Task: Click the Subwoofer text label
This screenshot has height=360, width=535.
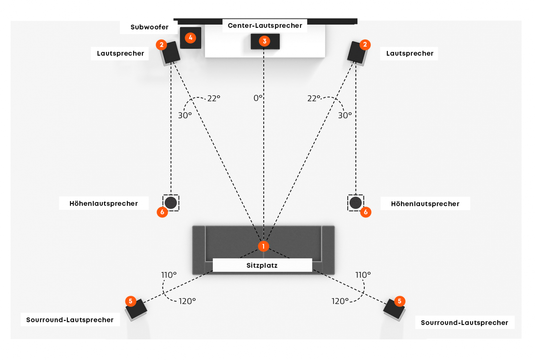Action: coord(149,27)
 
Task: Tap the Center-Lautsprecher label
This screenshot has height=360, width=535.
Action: coord(265,26)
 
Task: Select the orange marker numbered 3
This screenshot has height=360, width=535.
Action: coord(265,41)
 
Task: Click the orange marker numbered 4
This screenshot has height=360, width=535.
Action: coord(190,38)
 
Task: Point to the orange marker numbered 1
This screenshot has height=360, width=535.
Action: coord(263,246)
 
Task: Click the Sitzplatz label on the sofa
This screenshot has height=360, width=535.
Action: coord(262,265)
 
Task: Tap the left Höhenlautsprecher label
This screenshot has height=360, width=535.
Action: coord(104,204)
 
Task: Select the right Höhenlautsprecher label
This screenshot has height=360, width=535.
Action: coord(425,204)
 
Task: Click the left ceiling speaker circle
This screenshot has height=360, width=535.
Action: coord(171,203)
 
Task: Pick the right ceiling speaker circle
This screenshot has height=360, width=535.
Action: coord(355,203)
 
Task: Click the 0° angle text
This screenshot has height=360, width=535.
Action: coord(258,98)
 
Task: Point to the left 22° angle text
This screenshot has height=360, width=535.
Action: coord(214,98)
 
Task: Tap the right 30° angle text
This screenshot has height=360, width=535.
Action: coord(345,116)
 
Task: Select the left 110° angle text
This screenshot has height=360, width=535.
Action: coord(169,275)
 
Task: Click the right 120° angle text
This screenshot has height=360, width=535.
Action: coord(340,301)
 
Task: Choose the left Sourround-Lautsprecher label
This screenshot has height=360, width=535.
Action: coord(70,320)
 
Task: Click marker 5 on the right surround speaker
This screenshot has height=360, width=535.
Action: coord(399,301)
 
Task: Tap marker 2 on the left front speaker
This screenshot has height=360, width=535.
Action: coord(162,45)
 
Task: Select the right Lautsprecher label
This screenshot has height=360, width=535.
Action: coord(410,53)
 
